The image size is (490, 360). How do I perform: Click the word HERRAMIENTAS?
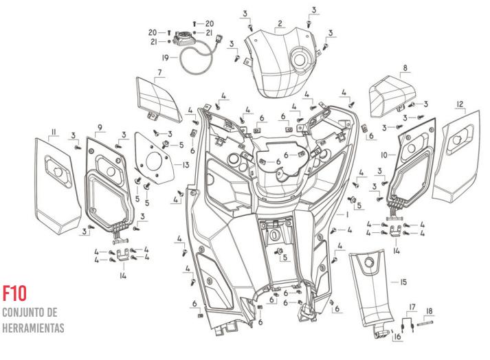tap(33, 326)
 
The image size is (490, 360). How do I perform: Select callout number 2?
tap(280, 23)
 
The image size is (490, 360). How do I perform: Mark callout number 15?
tap(394, 282)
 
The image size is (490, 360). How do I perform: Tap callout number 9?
tap(100, 128)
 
